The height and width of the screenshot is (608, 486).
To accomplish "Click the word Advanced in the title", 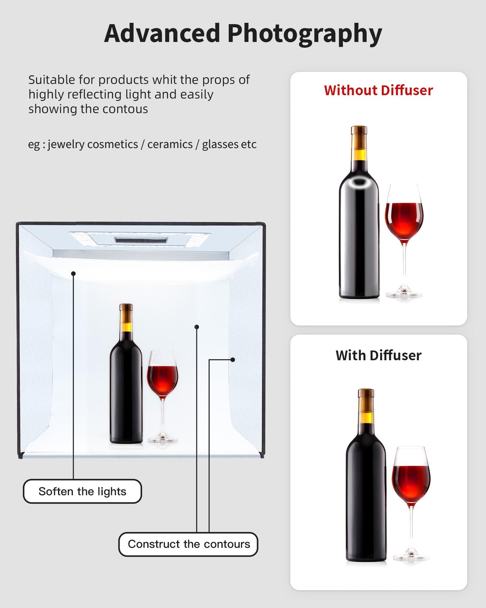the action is point(162,33).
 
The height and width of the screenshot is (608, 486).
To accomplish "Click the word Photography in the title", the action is point(305,34).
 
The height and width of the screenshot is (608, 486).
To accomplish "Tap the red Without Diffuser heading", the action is point(378,90).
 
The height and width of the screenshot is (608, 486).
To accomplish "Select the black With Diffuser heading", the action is point(378,355).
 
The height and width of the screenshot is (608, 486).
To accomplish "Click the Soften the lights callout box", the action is point(82,491).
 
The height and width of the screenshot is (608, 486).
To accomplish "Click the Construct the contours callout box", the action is point(188,544).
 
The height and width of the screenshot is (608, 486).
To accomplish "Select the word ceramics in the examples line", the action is point(170,144).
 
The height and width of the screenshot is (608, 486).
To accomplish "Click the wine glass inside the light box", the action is point(162,396).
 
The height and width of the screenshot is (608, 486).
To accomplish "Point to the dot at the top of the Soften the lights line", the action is point(73,274).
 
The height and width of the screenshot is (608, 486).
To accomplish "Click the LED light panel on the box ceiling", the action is point(141,239).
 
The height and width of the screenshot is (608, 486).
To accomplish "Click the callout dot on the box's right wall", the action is point(233,360).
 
